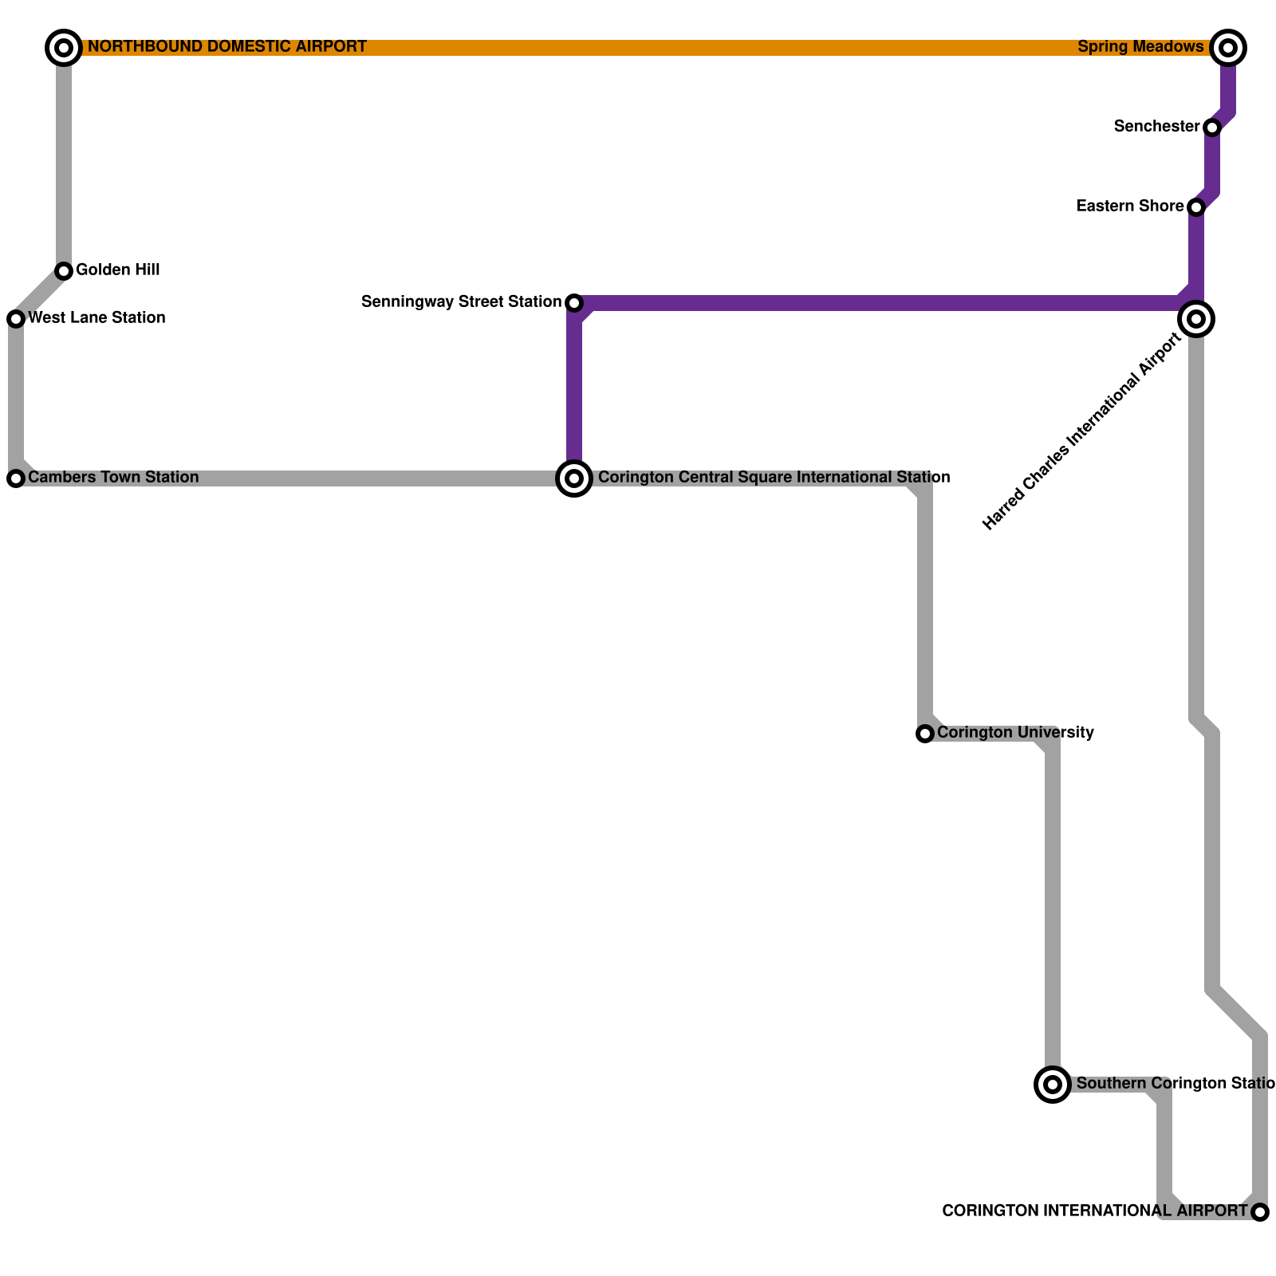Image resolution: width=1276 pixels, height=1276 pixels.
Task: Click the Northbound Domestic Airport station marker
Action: click(64, 48)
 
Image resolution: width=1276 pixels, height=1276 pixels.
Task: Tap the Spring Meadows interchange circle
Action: click(1228, 48)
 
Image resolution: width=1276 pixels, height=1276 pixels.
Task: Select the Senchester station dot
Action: click(1212, 128)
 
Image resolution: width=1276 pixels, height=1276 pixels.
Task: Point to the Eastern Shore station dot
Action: click(1196, 207)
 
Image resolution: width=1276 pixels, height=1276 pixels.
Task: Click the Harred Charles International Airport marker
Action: click(1196, 319)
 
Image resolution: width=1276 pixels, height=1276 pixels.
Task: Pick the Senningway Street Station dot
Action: click(574, 303)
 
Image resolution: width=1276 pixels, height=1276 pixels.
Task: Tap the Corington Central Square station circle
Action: click(574, 478)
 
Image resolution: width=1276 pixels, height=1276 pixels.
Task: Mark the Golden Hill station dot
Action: click(64, 271)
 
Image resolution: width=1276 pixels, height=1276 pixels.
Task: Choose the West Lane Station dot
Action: click(16, 319)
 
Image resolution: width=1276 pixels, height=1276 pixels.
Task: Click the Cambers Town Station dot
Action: click(16, 478)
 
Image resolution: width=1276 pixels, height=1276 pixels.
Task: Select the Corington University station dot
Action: click(925, 734)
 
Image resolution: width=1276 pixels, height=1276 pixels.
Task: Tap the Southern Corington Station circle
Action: click(1053, 1085)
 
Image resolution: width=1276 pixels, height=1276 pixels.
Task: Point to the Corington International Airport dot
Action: click(1260, 1212)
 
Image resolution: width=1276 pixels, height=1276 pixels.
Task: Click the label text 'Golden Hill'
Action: click(118, 270)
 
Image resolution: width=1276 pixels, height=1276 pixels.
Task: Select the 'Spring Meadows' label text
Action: click(1140, 47)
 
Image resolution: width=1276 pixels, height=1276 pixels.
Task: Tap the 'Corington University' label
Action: click(1015, 733)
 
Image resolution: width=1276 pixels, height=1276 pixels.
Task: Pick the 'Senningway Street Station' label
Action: click(461, 302)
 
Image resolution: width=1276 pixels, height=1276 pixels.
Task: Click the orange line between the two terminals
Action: click(638, 48)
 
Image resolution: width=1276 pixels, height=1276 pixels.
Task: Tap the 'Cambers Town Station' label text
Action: click(113, 478)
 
